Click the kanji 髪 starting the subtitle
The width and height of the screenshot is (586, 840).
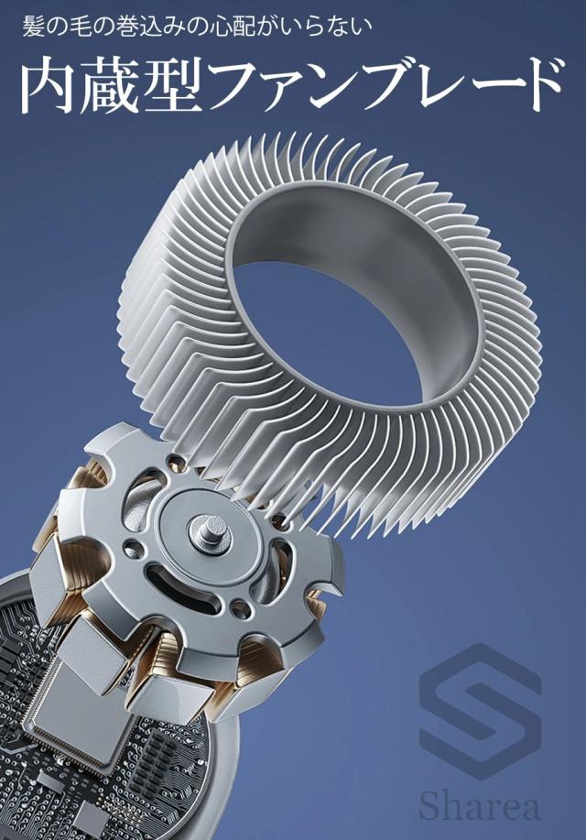point(33,27)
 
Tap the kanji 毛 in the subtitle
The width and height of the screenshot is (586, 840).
point(86,27)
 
